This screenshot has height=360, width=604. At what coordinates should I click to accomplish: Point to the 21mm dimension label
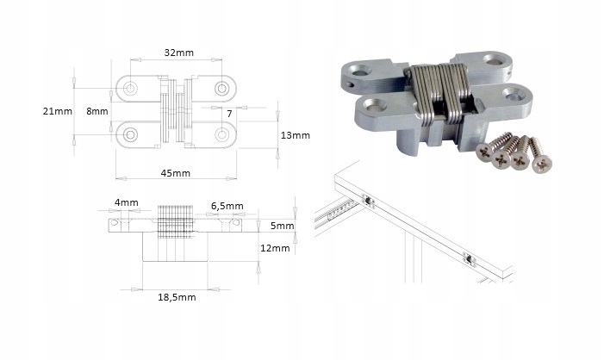tap(57, 111)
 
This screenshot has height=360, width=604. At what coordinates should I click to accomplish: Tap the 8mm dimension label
tap(97, 111)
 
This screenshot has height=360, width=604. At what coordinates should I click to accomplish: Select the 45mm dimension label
tap(175, 172)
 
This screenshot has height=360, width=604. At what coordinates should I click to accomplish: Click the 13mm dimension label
tap(295, 135)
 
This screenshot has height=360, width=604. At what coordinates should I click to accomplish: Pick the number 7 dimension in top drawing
tap(229, 113)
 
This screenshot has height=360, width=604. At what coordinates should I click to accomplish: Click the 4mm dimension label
tap(126, 202)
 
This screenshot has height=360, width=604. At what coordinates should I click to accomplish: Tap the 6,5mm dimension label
tap(227, 207)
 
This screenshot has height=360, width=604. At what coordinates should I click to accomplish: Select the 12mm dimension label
tap(275, 248)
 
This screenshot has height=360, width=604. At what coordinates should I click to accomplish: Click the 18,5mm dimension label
tap(177, 297)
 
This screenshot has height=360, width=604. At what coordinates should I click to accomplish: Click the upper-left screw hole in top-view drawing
tap(130, 89)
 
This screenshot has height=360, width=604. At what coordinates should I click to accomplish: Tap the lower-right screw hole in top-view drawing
tap(222, 133)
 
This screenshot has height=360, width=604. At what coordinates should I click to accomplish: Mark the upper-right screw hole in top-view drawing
tap(222, 89)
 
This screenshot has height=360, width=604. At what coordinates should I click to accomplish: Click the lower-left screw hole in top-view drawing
tap(130, 133)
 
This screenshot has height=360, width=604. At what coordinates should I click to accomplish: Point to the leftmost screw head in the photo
tap(485, 151)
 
